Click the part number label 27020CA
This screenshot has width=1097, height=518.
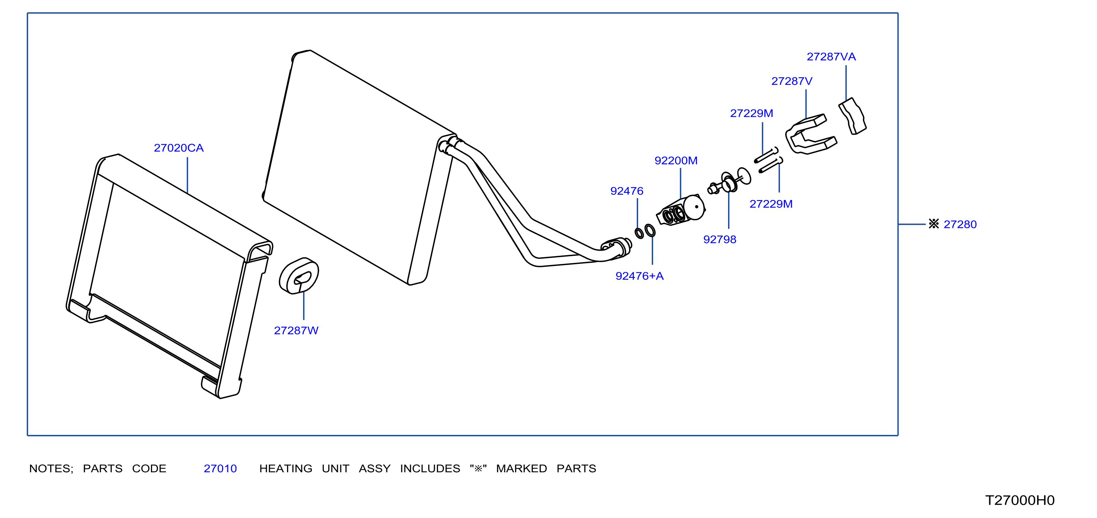click(x=179, y=148)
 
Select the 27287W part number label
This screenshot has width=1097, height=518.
click(x=296, y=331)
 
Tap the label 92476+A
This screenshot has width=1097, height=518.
click(x=639, y=276)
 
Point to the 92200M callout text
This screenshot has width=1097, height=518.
click(x=676, y=161)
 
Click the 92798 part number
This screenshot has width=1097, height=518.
click(x=720, y=239)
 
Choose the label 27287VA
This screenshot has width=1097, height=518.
click(x=831, y=57)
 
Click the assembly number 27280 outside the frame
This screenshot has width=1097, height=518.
click(x=960, y=224)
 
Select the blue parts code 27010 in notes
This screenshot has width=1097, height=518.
click(x=220, y=468)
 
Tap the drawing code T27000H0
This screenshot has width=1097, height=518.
click(x=1020, y=500)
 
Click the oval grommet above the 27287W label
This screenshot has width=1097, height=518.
click(x=298, y=276)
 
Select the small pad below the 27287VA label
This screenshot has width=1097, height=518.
click(x=853, y=116)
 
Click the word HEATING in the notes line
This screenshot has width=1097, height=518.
click(x=286, y=468)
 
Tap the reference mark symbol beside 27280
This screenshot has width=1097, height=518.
click(x=933, y=224)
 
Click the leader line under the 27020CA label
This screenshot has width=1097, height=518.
click(x=187, y=175)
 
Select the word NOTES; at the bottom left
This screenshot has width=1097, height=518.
click(x=51, y=468)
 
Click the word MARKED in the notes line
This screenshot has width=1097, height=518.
click(x=521, y=468)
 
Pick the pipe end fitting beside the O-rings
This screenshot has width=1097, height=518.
click(x=616, y=248)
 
